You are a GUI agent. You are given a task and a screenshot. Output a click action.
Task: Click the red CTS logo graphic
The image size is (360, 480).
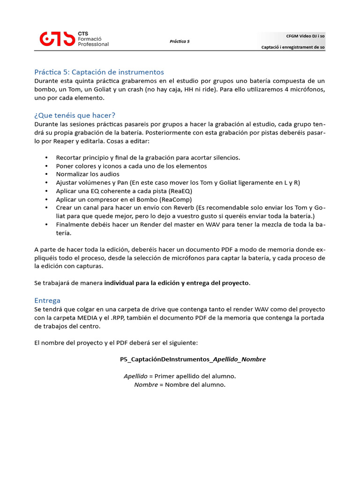[57, 39]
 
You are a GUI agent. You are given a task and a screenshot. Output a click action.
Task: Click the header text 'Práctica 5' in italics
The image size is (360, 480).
[180, 41]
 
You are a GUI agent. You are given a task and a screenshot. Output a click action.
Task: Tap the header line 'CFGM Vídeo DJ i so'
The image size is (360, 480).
[305, 36]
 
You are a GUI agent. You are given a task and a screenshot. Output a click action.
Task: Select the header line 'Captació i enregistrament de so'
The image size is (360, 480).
[293, 47]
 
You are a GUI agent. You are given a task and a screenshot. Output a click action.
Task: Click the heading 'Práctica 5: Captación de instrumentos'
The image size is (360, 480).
[99, 72]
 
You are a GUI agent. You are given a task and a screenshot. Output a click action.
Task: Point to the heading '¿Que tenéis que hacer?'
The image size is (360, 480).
[75, 115]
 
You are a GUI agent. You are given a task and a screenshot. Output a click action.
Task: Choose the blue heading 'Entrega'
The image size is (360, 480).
[47, 300]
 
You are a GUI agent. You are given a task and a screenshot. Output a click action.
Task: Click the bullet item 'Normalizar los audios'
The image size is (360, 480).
[88, 174]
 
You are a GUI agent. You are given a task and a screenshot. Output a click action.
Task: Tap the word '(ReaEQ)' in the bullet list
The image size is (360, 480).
[180, 191]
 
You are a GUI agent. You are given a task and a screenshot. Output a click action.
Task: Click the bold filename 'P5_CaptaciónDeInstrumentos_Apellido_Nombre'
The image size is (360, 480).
[193, 360]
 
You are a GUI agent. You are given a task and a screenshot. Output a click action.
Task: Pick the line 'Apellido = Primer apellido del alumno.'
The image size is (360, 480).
[180, 376]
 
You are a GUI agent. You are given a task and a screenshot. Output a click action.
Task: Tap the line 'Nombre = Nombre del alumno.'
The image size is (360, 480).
[180, 385]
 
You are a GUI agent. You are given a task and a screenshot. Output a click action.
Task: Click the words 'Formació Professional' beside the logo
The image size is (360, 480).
[93, 41]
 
